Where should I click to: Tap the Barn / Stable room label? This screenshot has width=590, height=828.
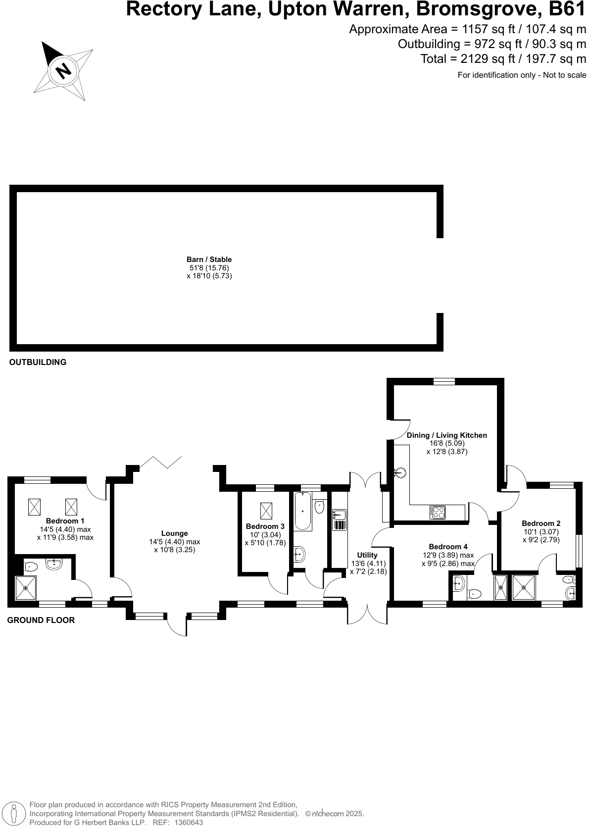209,259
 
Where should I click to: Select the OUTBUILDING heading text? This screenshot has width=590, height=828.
38,362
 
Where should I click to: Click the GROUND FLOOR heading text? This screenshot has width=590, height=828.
41,620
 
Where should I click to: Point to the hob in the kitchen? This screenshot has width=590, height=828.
438,512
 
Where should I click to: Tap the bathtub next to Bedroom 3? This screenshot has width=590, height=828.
302,511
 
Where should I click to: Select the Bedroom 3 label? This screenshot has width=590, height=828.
265,526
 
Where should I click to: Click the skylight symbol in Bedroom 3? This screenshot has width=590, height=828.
266,511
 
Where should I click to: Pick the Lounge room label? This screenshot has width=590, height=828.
174,533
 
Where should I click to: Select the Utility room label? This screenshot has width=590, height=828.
367,555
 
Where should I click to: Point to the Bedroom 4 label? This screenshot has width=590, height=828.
448,547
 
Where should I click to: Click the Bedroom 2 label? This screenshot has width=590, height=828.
541,523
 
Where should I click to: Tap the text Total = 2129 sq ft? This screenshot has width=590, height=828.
503,59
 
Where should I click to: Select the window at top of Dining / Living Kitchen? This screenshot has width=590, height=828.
444,381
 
